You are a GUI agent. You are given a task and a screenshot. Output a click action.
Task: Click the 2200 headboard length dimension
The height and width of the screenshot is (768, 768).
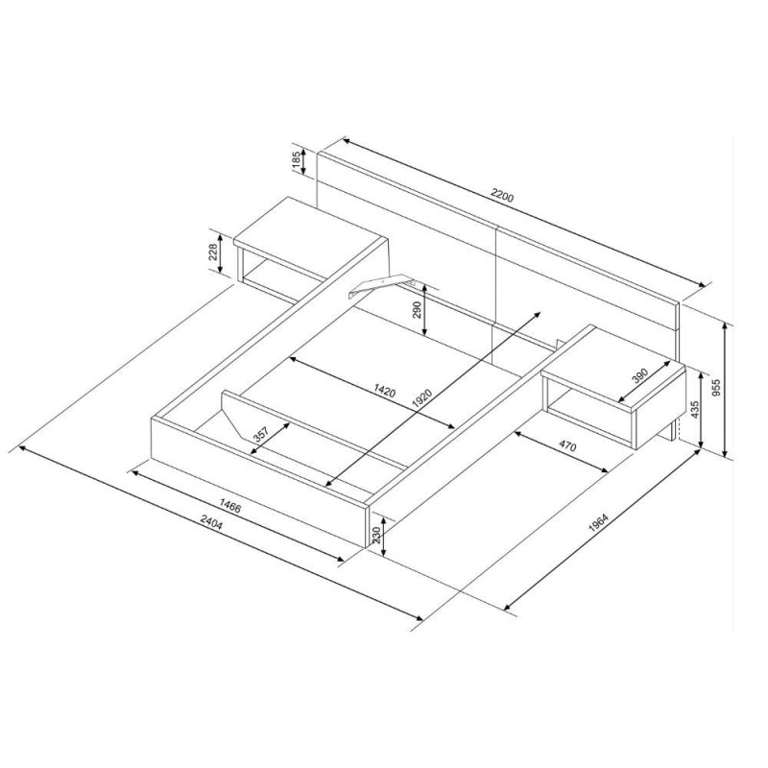point(502,198)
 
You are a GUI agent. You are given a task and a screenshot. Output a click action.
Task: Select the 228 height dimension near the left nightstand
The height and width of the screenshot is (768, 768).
point(213,253)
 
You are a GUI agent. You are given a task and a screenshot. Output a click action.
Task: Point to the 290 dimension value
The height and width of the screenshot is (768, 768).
point(417,310)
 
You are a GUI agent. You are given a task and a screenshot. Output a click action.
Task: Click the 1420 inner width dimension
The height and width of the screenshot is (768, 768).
point(385,391)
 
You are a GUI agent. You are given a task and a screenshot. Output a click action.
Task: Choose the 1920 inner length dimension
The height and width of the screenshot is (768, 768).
point(421,398)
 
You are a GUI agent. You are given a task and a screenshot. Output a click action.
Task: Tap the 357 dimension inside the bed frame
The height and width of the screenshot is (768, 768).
point(260,434)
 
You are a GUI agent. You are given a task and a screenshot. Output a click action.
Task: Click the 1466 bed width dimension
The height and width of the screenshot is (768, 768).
point(230,506)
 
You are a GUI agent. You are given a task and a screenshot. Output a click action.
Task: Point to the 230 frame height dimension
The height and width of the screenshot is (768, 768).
point(376,537)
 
